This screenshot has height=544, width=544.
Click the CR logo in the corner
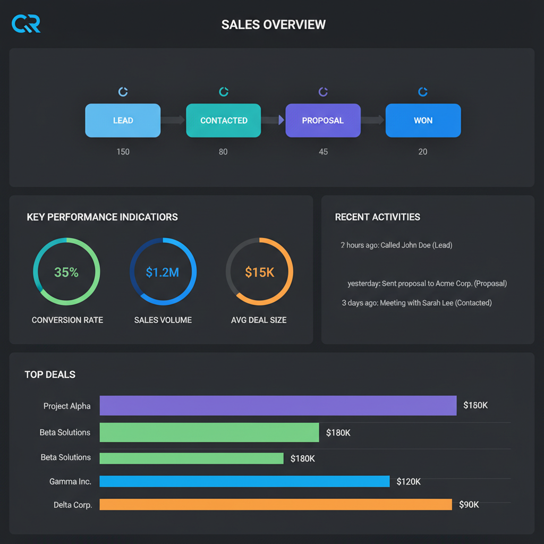tap(25, 24)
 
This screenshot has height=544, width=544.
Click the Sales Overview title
tap(273, 24)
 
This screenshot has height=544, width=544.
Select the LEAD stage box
tap(123, 121)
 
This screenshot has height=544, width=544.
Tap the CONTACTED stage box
tap(224, 121)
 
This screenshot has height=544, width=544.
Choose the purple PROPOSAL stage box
tap(323, 121)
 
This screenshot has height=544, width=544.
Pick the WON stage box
tap(423, 121)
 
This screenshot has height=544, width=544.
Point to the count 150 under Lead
tap(123, 152)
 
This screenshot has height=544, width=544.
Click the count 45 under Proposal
tap(323, 152)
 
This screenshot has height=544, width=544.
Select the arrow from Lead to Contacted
tap(173, 121)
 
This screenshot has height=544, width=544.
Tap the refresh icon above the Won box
tap(423, 92)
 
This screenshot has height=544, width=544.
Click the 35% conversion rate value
tap(66, 273)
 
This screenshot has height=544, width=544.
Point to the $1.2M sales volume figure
tap(163, 273)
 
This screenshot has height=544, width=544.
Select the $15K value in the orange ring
tap(260, 273)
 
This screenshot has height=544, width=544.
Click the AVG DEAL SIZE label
tap(259, 320)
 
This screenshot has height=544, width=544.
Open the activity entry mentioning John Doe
tap(396, 245)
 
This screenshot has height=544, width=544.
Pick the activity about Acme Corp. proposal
tap(427, 283)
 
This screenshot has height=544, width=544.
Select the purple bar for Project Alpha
tap(278, 405)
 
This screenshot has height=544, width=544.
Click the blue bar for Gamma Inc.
tap(244, 481)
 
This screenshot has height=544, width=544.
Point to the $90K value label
tap(469, 505)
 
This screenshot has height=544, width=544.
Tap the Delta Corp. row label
tap(73, 505)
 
